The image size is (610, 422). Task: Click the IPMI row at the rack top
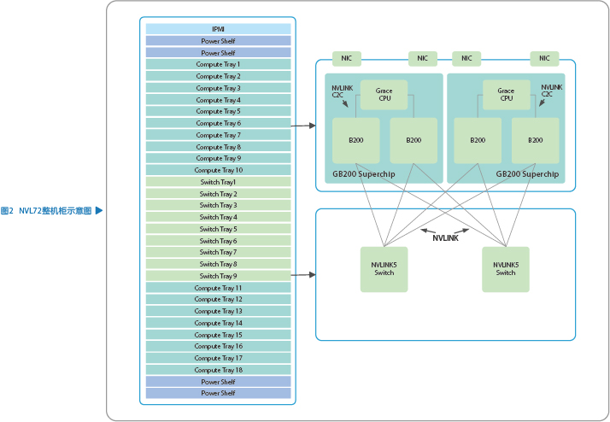[x=218, y=29]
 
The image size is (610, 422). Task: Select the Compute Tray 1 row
[x=218, y=64]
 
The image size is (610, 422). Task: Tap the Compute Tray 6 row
[x=218, y=123]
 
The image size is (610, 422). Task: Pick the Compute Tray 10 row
[x=218, y=170]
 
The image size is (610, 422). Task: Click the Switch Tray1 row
[x=218, y=182]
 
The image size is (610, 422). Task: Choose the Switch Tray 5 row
[x=218, y=229]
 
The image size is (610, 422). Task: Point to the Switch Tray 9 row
[x=218, y=276]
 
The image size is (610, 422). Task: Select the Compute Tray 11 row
[x=218, y=288]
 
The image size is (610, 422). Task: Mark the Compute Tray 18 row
[x=218, y=370]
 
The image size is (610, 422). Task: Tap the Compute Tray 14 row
[x=218, y=323]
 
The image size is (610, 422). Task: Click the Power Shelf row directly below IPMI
[x=218, y=41]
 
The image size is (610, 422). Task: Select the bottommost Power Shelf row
[x=218, y=393]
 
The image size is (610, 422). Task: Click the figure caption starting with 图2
[x=46, y=210]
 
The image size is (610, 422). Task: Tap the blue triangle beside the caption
[x=99, y=210]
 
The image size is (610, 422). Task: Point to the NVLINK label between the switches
[x=445, y=238]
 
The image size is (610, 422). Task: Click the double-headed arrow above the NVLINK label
[x=445, y=230]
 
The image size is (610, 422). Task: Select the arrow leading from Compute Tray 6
[x=303, y=126]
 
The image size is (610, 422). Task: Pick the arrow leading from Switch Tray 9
[x=303, y=275]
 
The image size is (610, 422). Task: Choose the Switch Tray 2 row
[x=218, y=194]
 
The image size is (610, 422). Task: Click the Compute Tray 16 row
[x=218, y=346]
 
